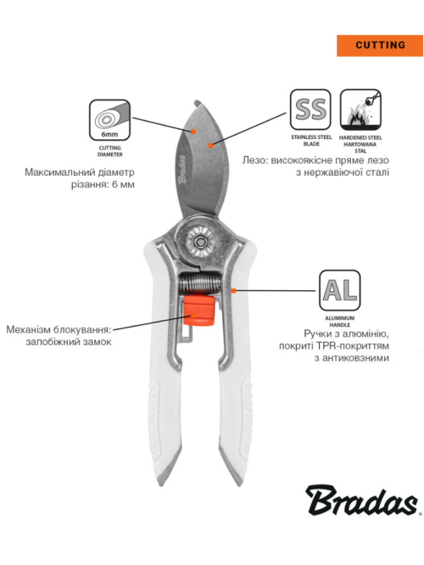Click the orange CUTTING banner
click(379, 46)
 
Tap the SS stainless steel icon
click(310, 109)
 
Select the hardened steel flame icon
click(360, 109)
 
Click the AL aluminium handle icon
click(339, 290)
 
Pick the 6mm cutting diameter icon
click(109, 120)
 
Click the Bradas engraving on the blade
click(182, 169)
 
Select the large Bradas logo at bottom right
click(362, 501)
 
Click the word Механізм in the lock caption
click(28, 330)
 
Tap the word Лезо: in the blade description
click(254, 160)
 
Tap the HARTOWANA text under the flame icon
click(360, 144)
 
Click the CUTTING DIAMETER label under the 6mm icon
click(110, 151)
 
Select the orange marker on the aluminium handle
click(233, 290)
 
